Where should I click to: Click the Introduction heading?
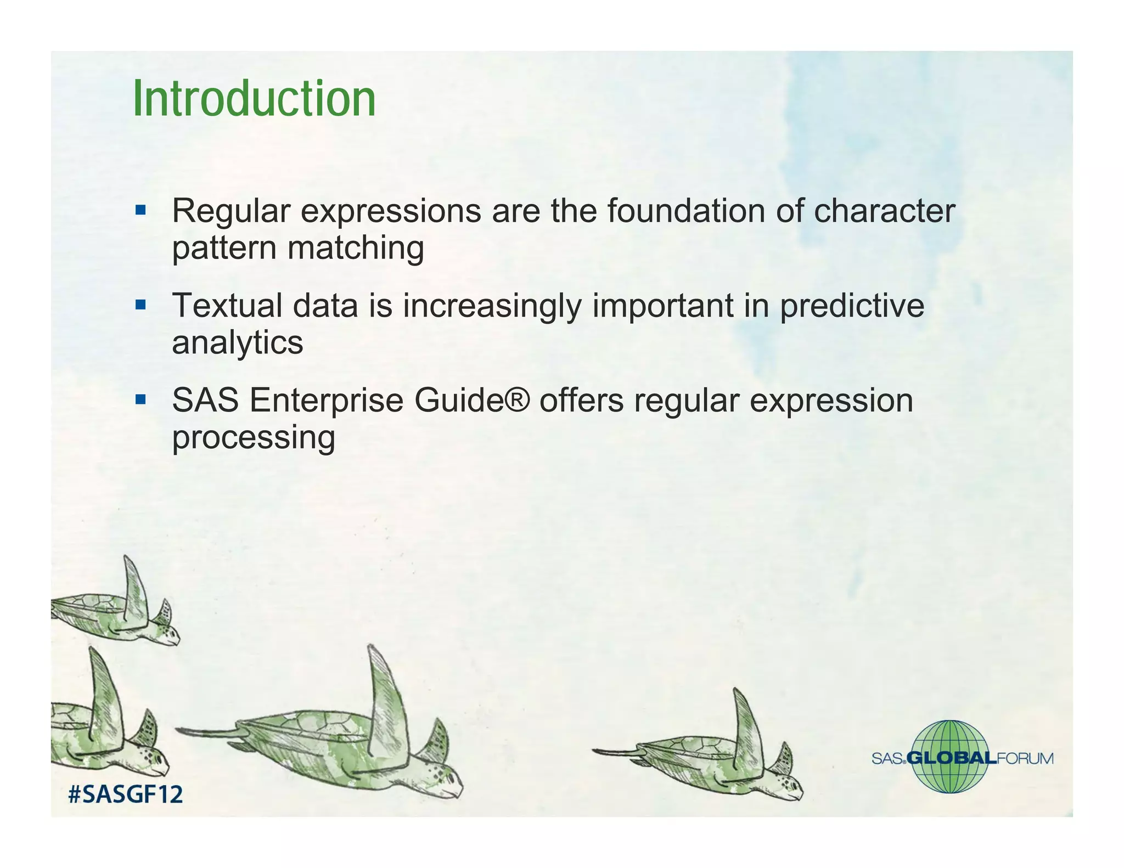point(254,99)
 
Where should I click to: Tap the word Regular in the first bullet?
point(231,211)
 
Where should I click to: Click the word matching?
point(356,248)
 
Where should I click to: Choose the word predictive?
point(852,306)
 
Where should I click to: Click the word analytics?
point(237,343)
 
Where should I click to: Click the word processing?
point(253,438)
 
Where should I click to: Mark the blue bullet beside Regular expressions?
point(140,210)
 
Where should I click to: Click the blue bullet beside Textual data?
point(140,305)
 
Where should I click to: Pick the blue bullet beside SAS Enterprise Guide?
point(140,399)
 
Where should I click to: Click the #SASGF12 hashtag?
point(125,794)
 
